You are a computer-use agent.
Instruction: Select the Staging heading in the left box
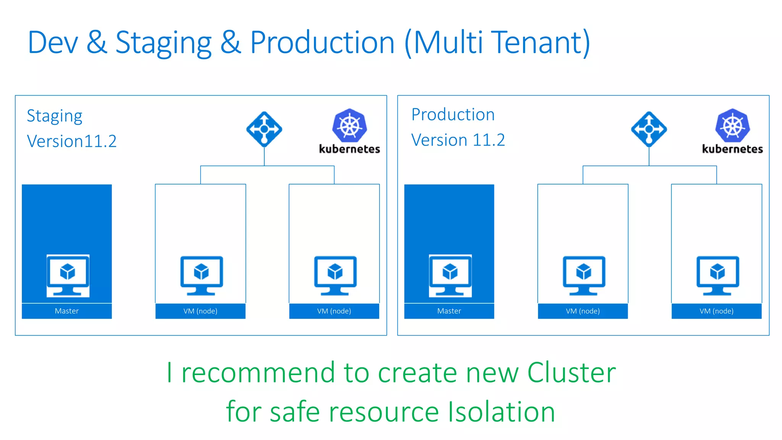[x=55, y=116]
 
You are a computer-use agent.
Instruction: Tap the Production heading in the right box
[x=453, y=115]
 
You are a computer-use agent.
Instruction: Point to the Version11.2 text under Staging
[x=72, y=141]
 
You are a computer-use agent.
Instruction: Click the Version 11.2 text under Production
[x=458, y=140]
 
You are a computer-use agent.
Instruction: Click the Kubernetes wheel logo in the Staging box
[x=349, y=126]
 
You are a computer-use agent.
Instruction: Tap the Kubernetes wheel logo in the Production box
[x=732, y=126]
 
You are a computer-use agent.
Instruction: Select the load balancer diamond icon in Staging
[x=264, y=129]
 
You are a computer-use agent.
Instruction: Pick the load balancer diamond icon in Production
[x=649, y=129]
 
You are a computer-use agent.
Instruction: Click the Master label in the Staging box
[x=67, y=311]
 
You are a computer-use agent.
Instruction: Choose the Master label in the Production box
[x=449, y=311]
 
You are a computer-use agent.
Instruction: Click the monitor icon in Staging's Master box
[x=68, y=275]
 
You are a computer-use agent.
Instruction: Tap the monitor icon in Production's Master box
[x=450, y=275]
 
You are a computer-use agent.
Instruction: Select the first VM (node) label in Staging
[x=200, y=311]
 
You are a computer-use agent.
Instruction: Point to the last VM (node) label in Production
[x=716, y=311]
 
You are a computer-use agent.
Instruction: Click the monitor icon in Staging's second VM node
[x=335, y=275]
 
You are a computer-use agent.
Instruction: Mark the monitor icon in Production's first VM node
[x=584, y=275]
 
